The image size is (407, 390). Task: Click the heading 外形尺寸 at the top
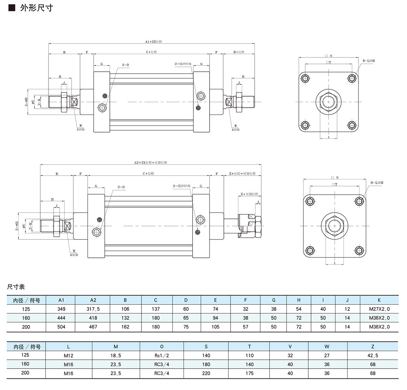(x=37, y=7)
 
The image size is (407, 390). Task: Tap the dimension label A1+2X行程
(x=153, y=41)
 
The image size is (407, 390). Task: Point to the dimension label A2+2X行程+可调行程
(x=150, y=163)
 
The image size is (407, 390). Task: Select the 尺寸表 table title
(x=16, y=287)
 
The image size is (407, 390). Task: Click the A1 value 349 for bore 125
(x=61, y=309)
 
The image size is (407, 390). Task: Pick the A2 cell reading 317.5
(x=93, y=309)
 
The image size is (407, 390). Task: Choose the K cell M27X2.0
(x=379, y=309)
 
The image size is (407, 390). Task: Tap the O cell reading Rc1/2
(x=161, y=356)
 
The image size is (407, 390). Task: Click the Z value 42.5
(x=372, y=356)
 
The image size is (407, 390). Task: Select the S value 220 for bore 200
(x=206, y=373)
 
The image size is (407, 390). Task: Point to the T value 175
(x=249, y=373)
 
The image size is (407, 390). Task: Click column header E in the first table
(x=215, y=300)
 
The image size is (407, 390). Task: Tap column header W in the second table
(x=327, y=347)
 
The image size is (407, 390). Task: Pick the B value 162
(x=125, y=327)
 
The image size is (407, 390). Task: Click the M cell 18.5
(x=116, y=356)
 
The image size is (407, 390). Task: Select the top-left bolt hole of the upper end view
(x=305, y=78)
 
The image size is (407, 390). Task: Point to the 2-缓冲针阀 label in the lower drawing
(x=181, y=186)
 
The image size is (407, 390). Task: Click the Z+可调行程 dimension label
(x=249, y=194)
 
